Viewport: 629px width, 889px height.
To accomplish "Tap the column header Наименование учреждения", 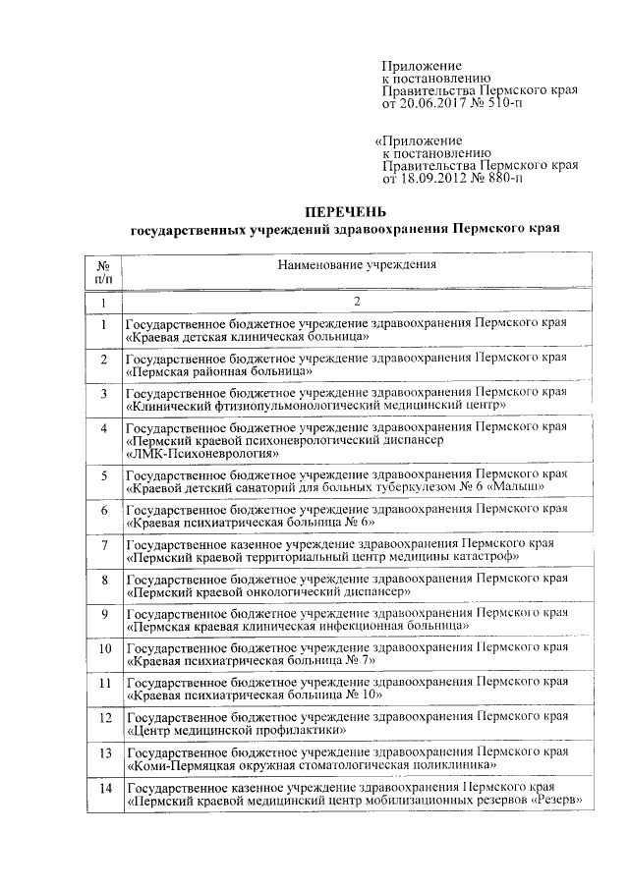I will tap(356, 265).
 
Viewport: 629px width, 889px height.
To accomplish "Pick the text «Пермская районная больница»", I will tap(219, 372).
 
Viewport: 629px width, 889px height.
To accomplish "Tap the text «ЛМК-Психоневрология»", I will tap(196, 455).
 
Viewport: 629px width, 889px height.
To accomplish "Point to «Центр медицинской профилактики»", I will tap(235, 731).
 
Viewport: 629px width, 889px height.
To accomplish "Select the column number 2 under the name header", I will tap(356, 303).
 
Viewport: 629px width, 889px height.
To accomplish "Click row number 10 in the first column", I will tap(104, 649).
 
